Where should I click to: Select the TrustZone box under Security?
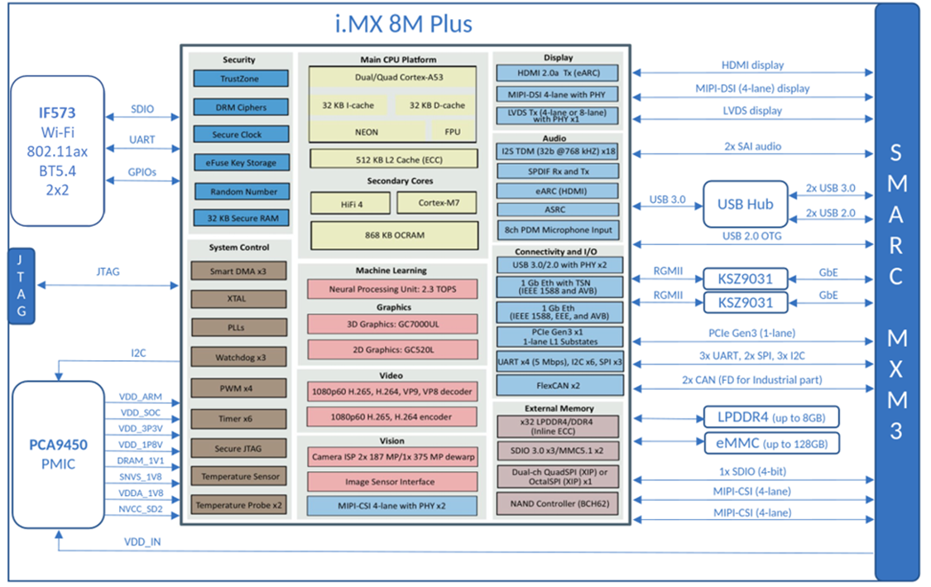[x=240, y=79]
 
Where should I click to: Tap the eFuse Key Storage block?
[x=240, y=163]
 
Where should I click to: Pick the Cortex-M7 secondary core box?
[x=436, y=202]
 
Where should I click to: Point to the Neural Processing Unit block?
[x=392, y=289]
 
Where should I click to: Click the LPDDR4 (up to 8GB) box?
[x=771, y=416]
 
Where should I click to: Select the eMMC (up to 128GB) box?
[x=771, y=443]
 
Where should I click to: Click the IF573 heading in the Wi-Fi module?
[x=57, y=112]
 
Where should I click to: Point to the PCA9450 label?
[x=57, y=445]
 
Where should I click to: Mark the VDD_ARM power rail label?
[x=141, y=397]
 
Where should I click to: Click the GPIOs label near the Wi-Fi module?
[x=142, y=172]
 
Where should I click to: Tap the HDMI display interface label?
[x=752, y=65]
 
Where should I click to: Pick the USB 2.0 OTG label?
[x=752, y=237]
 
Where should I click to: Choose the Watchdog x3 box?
[x=240, y=357]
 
